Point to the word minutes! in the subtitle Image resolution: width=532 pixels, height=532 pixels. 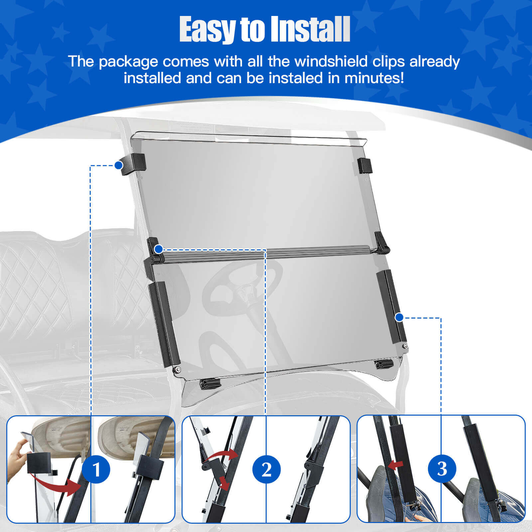[x=374, y=78]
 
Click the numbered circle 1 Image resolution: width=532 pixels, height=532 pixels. [x=96, y=469]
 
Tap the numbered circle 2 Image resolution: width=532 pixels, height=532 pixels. [x=266, y=469]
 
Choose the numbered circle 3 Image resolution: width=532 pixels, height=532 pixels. [x=442, y=469]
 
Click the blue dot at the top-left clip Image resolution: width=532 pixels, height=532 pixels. [x=119, y=165]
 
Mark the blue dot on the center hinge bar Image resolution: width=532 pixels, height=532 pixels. [x=159, y=249]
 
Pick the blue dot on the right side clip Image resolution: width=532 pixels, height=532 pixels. [x=399, y=318]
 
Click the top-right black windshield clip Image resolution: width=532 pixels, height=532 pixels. [x=365, y=166]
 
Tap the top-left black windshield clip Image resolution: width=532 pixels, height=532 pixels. [x=133, y=164]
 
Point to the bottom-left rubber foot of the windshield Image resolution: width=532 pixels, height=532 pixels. [x=210, y=384]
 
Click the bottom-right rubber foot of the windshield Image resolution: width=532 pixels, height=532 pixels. [x=384, y=365]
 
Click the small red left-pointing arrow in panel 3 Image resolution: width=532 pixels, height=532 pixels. [x=395, y=465]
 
